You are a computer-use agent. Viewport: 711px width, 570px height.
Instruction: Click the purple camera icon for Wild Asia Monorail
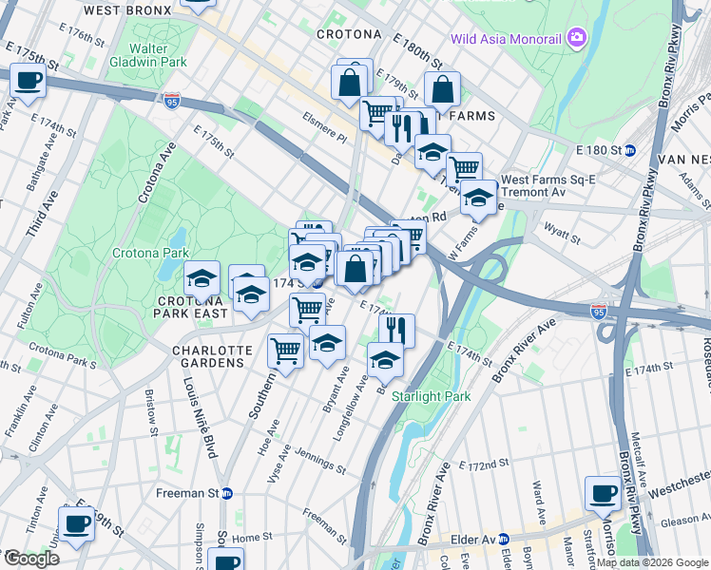(x=576, y=38)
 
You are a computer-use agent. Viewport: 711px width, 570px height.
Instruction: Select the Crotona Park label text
(x=150, y=254)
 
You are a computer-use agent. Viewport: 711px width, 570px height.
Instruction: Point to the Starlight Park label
(x=425, y=395)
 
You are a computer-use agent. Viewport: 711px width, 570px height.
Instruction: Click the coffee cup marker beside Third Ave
(x=29, y=81)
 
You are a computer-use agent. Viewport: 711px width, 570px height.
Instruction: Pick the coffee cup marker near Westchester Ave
(x=603, y=493)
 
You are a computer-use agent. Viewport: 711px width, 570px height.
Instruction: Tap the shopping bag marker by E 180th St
(x=443, y=90)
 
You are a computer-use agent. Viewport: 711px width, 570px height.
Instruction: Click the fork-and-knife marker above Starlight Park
(x=397, y=330)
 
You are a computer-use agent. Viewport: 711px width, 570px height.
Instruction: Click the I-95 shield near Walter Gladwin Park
(x=171, y=100)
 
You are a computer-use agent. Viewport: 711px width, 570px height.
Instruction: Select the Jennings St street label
(x=320, y=465)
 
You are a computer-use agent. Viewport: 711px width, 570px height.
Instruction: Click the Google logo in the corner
(x=30, y=559)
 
